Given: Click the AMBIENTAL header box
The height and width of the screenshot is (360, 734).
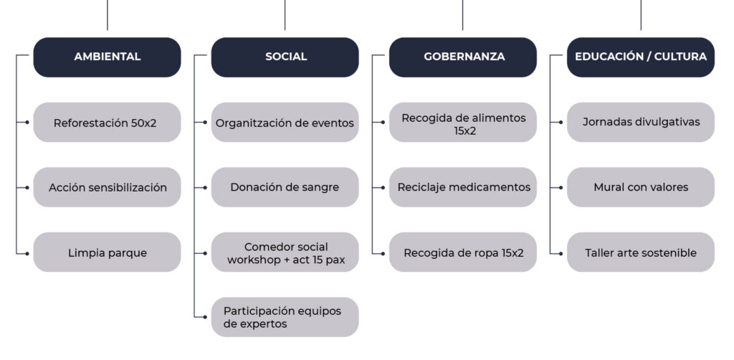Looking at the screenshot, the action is (108, 57).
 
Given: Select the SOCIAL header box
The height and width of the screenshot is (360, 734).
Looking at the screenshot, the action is (285, 57).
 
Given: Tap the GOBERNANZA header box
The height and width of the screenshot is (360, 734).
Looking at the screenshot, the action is (463, 57).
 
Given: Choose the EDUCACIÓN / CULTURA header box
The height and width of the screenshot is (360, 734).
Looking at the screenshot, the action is (641, 57).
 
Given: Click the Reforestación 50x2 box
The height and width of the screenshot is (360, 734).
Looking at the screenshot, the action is (108, 122).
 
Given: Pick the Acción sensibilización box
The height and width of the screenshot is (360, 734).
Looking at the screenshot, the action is (108, 187).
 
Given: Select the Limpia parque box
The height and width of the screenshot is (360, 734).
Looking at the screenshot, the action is (108, 252).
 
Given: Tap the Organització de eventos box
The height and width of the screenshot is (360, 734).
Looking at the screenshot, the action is (285, 122).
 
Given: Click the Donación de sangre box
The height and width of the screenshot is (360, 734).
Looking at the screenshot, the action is (285, 187).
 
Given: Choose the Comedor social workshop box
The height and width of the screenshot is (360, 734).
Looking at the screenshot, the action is (285, 252).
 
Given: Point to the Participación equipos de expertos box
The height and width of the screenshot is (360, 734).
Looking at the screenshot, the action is (285, 317).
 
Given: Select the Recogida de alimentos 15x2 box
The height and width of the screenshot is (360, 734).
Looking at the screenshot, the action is (463, 122).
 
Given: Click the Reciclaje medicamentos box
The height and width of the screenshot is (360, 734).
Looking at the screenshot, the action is (463, 187).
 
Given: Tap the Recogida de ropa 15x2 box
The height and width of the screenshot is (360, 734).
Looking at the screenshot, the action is (463, 252).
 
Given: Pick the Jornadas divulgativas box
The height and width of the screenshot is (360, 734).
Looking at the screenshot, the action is (641, 122).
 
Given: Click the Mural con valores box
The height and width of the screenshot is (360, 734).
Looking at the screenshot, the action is (641, 187).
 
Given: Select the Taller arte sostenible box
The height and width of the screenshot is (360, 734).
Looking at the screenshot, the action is (641, 252).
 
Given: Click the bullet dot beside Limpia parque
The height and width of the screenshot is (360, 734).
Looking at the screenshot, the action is (27, 254).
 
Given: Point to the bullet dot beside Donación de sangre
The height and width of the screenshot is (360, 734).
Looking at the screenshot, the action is (205, 188).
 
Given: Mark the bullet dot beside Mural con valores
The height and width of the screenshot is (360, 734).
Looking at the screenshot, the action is (561, 188).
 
